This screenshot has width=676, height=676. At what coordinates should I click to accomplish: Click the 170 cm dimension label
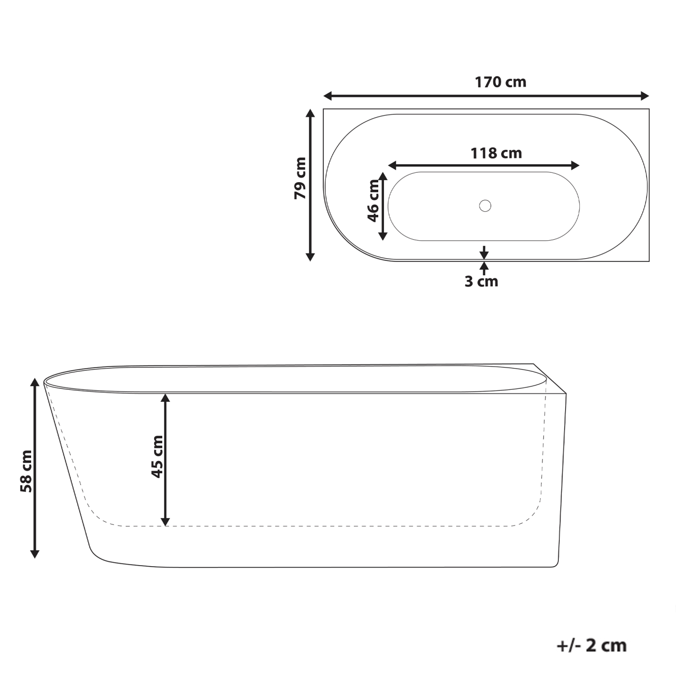click(500, 82)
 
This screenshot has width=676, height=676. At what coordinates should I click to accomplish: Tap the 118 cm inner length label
click(496, 153)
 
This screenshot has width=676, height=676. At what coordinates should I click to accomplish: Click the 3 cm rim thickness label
click(481, 281)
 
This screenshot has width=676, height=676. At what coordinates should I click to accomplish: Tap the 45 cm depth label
click(156, 456)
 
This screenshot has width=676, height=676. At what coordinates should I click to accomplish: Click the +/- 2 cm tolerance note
click(591, 645)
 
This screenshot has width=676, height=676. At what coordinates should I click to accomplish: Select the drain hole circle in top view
click(485, 205)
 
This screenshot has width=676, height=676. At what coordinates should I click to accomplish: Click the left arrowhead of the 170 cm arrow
click(327, 96)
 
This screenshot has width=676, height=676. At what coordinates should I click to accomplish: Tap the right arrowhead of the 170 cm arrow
click(645, 96)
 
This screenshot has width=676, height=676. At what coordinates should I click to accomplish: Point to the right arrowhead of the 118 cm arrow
click(576, 165)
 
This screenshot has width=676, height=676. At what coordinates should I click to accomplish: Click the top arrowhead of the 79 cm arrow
click(311, 113)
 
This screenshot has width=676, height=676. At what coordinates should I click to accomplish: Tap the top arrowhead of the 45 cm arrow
click(165, 398)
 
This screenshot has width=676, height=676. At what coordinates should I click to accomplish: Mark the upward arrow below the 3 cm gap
click(484, 266)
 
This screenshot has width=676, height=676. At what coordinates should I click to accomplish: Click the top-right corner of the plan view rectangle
click(649, 109)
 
